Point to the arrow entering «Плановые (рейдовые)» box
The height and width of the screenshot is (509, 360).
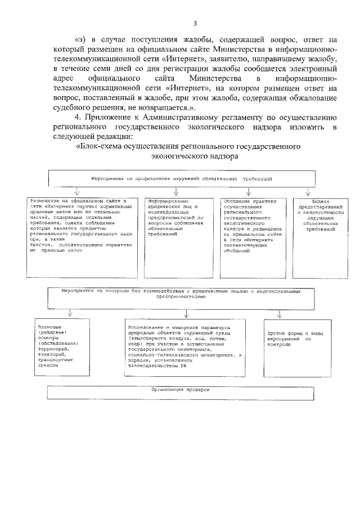click(69, 313)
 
